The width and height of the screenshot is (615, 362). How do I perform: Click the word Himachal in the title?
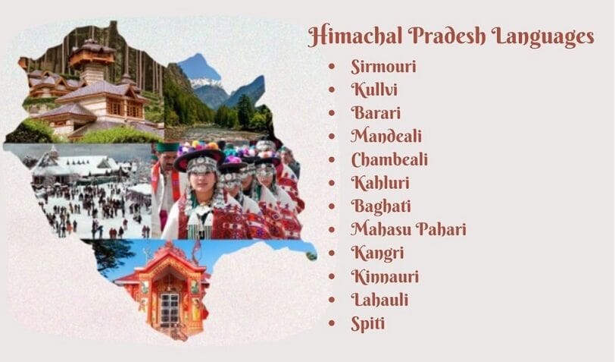(x=351, y=36)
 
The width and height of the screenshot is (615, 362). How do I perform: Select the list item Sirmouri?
(x=383, y=66)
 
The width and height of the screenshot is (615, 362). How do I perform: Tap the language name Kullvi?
(x=374, y=90)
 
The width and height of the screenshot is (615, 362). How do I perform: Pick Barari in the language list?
(x=376, y=113)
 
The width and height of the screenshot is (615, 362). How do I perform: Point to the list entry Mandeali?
(x=386, y=137)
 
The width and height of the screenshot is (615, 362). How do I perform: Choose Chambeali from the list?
(x=389, y=159)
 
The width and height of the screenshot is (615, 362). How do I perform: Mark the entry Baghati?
(x=379, y=206)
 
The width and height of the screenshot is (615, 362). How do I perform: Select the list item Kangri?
(x=376, y=253)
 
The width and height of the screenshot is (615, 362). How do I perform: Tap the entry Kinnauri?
(x=385, y=276)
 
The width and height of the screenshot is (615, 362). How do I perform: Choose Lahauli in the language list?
(x=379, y=300)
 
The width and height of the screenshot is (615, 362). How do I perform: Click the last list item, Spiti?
(x=368, y=323)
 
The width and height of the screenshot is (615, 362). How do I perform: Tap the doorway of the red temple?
(x=169, y=307)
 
